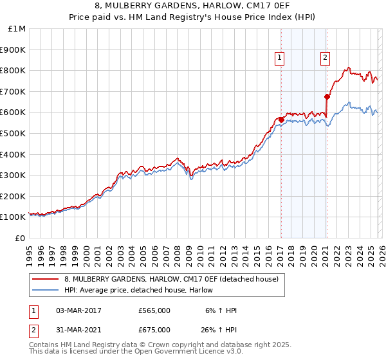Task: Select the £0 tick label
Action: coord(19,238)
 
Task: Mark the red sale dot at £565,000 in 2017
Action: coord(281,120)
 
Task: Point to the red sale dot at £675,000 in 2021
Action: coord(327,96)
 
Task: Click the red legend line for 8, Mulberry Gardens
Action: coord(46,279)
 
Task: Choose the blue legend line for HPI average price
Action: coord(46,290)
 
